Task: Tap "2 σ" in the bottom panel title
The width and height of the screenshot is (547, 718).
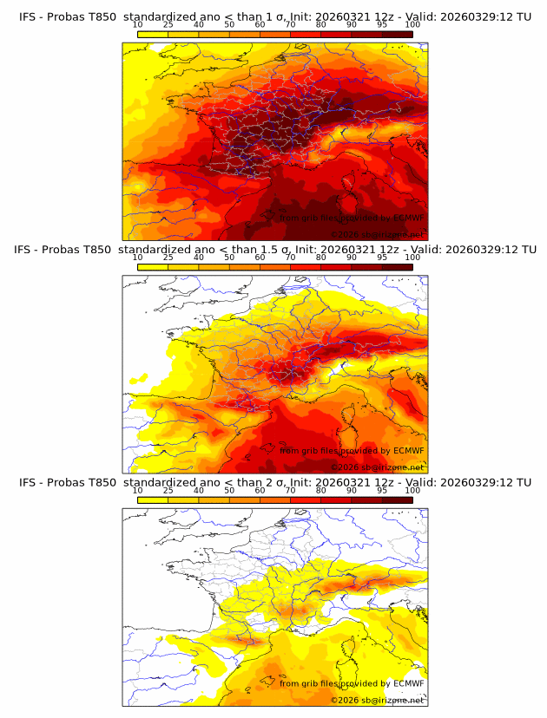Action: click(x=276, y=482)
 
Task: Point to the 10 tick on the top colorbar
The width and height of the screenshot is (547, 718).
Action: click(x=138, y=26)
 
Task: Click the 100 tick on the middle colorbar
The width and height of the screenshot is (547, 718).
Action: click(x=412, y=258)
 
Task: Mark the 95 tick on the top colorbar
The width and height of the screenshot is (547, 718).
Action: click(x=382, y=26)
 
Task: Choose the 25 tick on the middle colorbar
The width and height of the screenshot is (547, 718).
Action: click(x=168, y=258)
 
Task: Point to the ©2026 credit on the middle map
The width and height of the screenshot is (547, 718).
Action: click(x=345, y=467)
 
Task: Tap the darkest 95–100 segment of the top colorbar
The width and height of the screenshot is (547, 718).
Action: click(x=397, y=35)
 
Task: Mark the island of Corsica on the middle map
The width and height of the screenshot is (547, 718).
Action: click(x=352, y=414)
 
